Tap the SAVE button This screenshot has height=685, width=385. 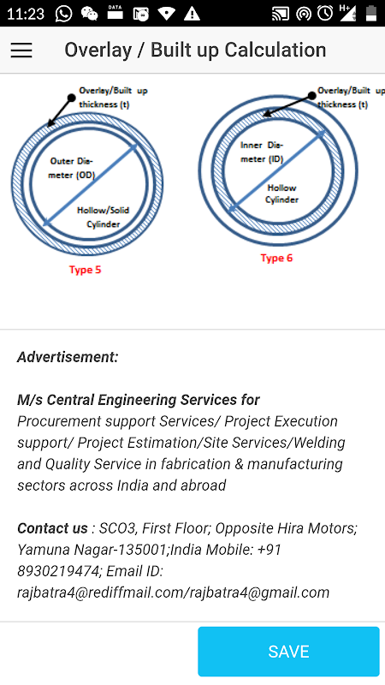(x=288, y=652)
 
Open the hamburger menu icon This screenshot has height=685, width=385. (x=21, y=51)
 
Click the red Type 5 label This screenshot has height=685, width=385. (x=85, y=270)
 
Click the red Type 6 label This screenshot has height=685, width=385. (x=276, y=259)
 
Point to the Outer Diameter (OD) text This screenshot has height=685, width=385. (x=73, y=168)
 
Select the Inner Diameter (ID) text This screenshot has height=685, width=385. (x=262, y=152)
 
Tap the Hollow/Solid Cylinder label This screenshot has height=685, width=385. (x=103, y=217)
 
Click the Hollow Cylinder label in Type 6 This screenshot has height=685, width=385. (x=282, y=194)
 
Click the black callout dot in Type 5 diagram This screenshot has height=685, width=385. (x=72, y=97)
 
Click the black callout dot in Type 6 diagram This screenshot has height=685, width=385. (x=311, y=95)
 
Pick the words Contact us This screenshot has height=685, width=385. (x=52, y=528)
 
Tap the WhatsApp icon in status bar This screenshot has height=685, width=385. (x=63, y=14)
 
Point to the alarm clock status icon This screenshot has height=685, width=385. (x=325, y=14)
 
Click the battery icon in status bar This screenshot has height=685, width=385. (x=371, y=14)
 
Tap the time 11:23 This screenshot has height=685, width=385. (x=26, y=14)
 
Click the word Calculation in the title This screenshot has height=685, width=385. (x=275, y=50)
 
